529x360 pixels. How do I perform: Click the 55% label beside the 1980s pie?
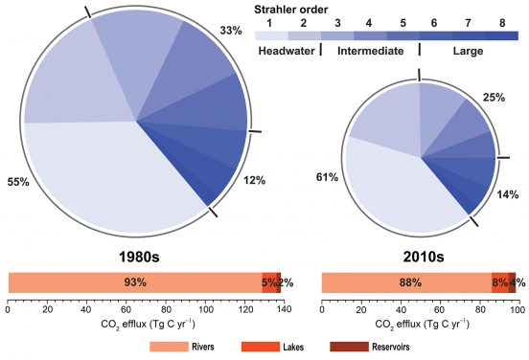19,180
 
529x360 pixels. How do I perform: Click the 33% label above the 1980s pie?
231,32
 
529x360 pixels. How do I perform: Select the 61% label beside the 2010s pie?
326,177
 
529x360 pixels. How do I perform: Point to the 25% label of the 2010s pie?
494,98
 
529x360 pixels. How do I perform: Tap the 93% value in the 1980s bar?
136,282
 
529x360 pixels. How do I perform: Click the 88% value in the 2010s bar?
410,282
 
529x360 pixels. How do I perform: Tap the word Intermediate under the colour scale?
369,51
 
